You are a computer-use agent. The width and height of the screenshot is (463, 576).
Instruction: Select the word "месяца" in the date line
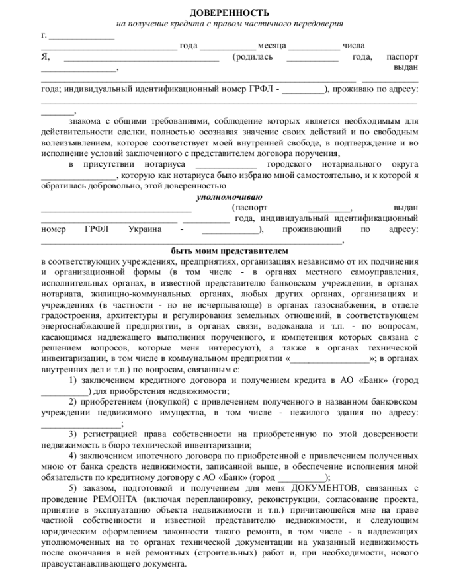(271, 46)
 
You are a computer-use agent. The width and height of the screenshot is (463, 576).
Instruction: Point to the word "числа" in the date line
(353, 46)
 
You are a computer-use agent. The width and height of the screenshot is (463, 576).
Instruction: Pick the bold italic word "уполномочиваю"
(230, 197)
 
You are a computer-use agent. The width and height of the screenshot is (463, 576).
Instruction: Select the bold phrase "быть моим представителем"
(230, 251)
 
